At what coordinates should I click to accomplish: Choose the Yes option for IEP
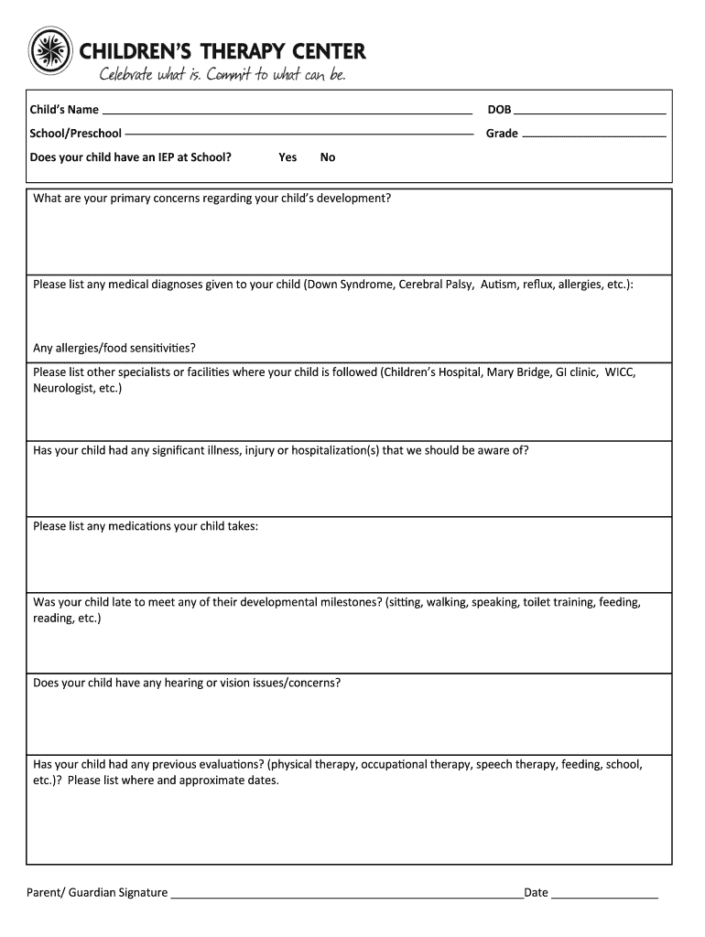pyautogui.click(x=287, y=157)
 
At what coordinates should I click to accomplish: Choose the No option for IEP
pyautogui.click(x=328, y=157)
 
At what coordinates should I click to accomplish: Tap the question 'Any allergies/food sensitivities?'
pyautogui.click(x=114, y=348)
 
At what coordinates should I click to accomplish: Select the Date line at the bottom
pyautogui.click(x=604, y=892)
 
